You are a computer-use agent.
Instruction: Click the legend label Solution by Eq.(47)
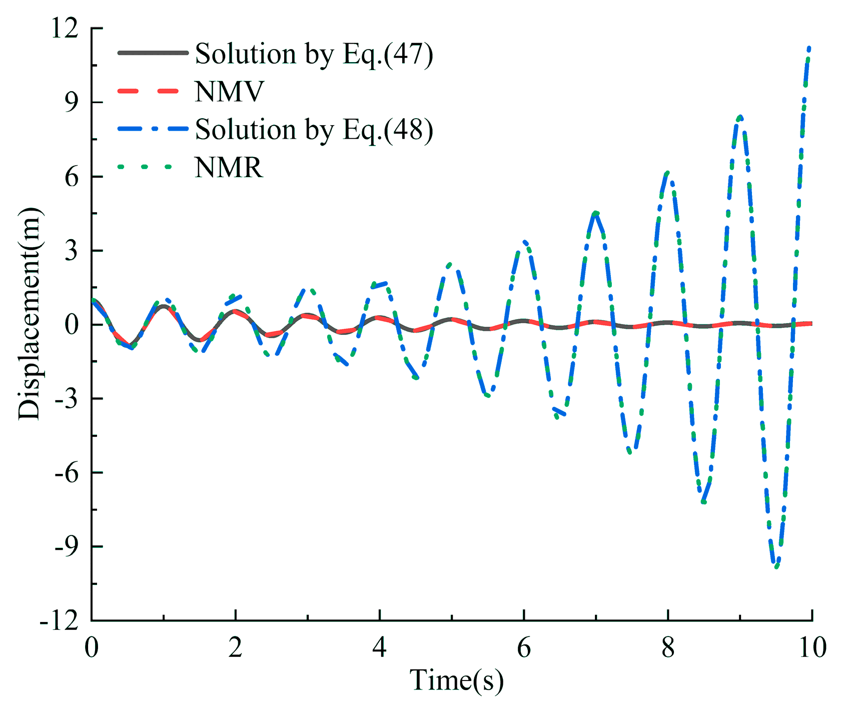click(314, 54)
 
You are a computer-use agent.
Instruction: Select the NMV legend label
click(229, 92)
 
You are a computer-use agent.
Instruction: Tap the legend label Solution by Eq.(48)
click(314, 130)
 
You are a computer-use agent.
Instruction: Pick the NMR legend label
click(229, 168)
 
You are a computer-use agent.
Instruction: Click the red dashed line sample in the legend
click(148, 91)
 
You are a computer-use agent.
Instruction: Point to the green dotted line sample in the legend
click(145, 167)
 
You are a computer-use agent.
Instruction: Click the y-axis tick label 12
click(65, 29)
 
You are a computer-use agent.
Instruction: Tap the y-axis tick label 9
click(72, 103)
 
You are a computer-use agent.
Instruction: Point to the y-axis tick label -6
click(67, 473)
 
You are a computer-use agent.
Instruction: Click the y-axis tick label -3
click(67, 399)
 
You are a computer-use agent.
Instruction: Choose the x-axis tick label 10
click(812, 648)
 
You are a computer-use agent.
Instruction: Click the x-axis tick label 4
click(380, 648)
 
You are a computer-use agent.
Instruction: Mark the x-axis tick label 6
click(524, 648)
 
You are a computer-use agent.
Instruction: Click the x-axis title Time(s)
click(456, 680)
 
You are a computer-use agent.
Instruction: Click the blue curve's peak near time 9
click(740, 117)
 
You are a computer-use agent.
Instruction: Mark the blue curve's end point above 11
click(810, 48)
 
